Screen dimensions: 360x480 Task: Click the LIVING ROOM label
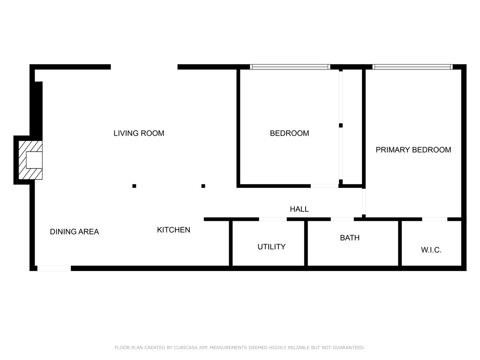coord(139,133)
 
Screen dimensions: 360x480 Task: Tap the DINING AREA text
coord(74,232)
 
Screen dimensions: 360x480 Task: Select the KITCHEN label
coord(173,230)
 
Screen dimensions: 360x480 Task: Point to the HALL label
coord(299,209)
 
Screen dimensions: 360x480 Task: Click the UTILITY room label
coord(271,247)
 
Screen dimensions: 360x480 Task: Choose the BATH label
coord(350,238)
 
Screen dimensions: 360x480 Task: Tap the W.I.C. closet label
coord(431,250)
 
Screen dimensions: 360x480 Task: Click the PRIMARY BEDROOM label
coord(413,150)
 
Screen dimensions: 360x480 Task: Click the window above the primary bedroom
coord(412,67)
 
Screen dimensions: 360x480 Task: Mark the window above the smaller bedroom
coord(290,67)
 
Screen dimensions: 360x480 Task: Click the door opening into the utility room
coord(273,219)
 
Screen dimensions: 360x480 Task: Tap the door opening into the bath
coord(342,219)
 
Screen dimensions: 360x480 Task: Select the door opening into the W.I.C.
coord(435,219)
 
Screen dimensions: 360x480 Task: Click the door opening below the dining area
coord(54,269)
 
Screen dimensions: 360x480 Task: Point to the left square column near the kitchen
coord(134,186)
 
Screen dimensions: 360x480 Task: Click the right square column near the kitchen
coord(203,186)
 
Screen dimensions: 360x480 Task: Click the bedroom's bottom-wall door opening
coord(324,186)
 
